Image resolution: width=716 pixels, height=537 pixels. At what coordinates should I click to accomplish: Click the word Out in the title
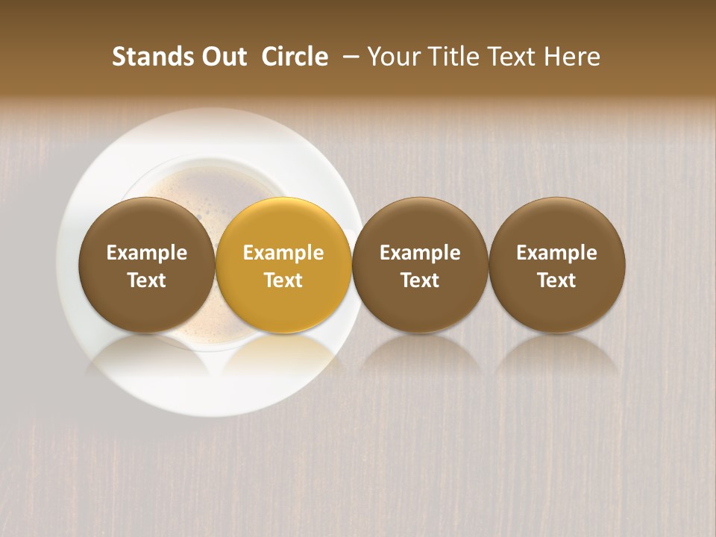pyautogui.click(x=222, y=57)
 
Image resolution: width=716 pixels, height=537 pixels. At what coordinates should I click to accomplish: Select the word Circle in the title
pyautogui.click(x=295, y=57)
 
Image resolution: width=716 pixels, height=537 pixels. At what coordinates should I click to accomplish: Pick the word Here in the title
pyautogui.click(x=574, y=57)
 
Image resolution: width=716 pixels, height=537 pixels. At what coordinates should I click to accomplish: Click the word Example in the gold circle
pyautogui.click(x=283, y=253)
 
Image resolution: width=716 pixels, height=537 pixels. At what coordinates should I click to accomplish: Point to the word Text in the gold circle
pyautogui.click(x=283, y=280)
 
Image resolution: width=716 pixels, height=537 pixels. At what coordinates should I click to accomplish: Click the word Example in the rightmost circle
pyautogui.click(x=557, y=253)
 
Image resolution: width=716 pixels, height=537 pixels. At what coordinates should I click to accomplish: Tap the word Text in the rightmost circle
pyautogui.click(x=557, y=280)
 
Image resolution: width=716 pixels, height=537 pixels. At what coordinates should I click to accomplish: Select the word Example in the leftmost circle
pyautogui.click(x=147, y=253)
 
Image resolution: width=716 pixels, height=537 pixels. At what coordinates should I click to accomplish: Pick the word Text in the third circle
pyautogui.click(x=420, y=280)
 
